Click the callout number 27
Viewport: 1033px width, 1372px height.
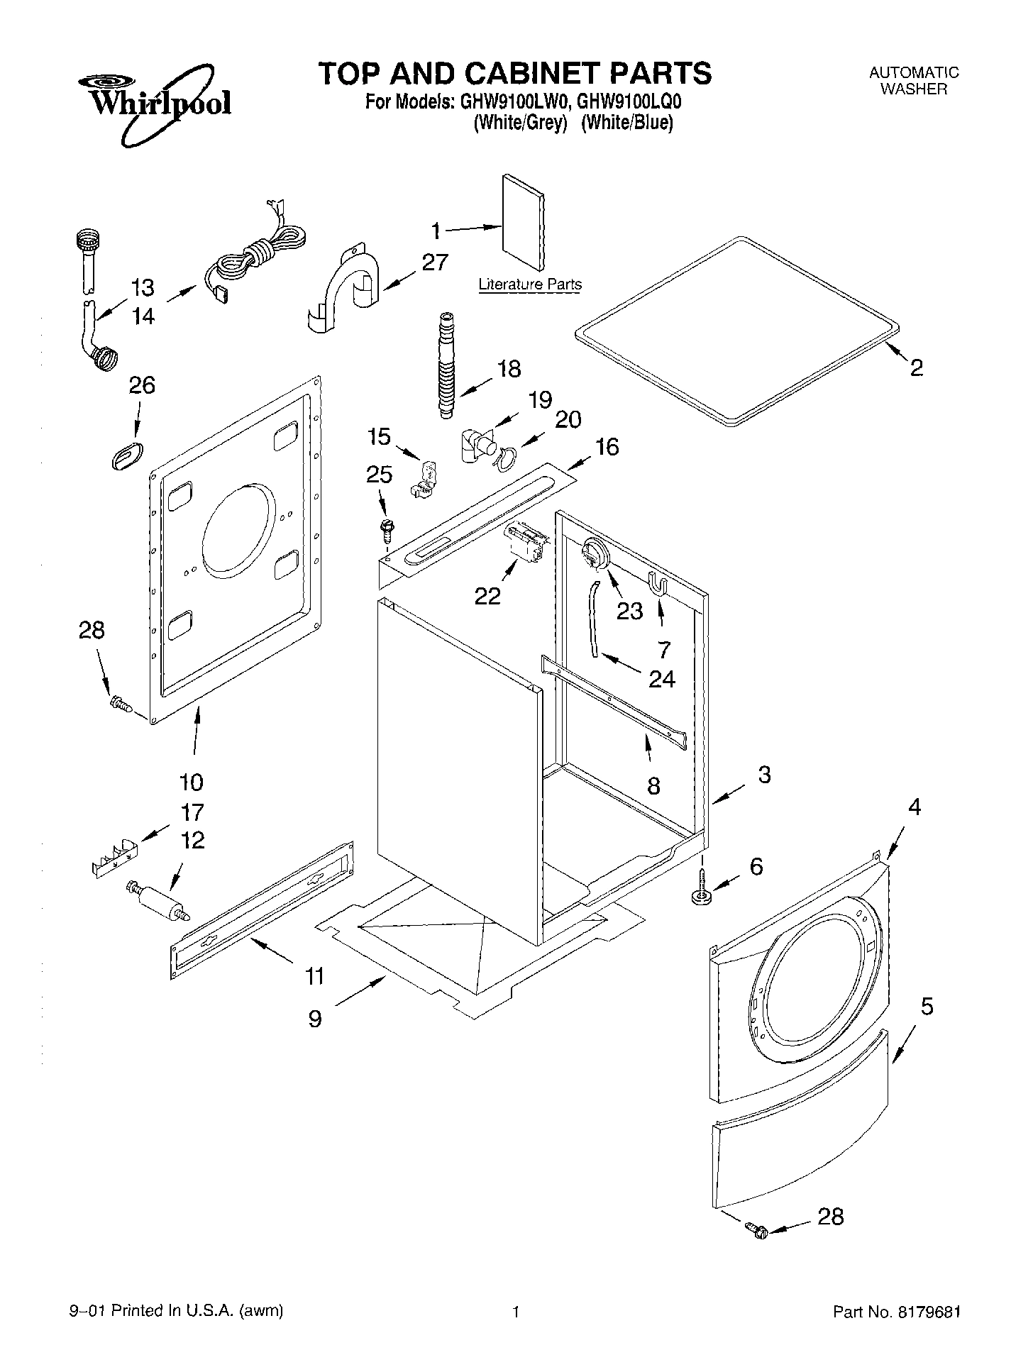click(434, 262)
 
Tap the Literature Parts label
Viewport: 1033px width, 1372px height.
click(530, 284)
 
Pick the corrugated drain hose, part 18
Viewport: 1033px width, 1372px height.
click(446, 365)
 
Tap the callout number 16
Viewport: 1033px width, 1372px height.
click(607, 446)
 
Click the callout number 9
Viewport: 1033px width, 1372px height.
click(315, 1019)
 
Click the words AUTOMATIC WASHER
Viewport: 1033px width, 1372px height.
click(914, 81)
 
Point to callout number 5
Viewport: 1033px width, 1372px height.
click(927, 1006)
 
